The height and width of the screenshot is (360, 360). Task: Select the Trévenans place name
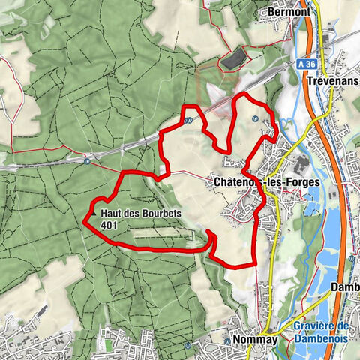pos(333,80)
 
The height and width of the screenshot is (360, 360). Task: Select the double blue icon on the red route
pos(189,118)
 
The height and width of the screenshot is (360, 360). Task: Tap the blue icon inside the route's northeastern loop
pos(256,118)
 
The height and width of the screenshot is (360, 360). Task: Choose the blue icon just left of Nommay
pos(227,340)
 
